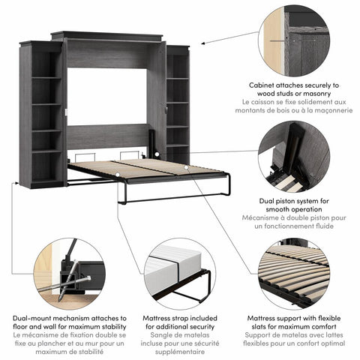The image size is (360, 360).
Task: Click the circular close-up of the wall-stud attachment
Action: [x=293, y=38]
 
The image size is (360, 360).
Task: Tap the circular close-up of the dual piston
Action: [x=293, y=159]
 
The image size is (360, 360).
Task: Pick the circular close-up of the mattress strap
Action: [x=179, y=274]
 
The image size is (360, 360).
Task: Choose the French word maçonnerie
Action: [x=325, y=109]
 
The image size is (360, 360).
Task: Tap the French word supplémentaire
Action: [x=179, y=350]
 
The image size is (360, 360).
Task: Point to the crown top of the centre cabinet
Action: [x=107, y=36]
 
